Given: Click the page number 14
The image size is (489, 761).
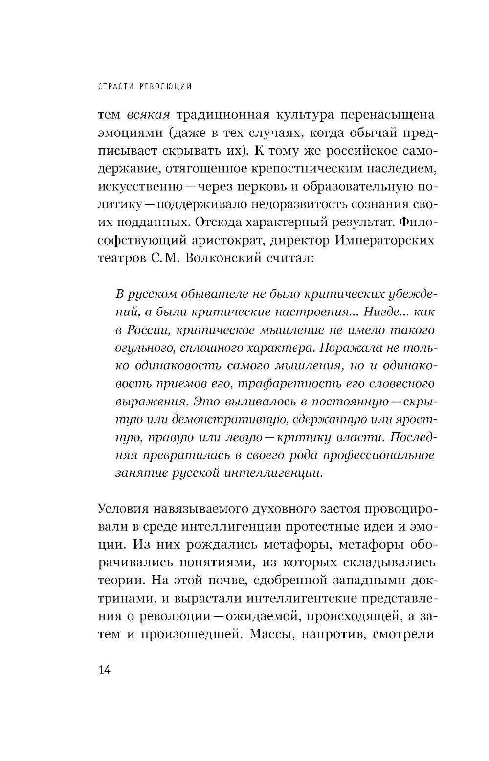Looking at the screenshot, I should pos(105,670).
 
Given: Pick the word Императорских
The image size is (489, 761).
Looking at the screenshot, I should pos(385,240).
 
